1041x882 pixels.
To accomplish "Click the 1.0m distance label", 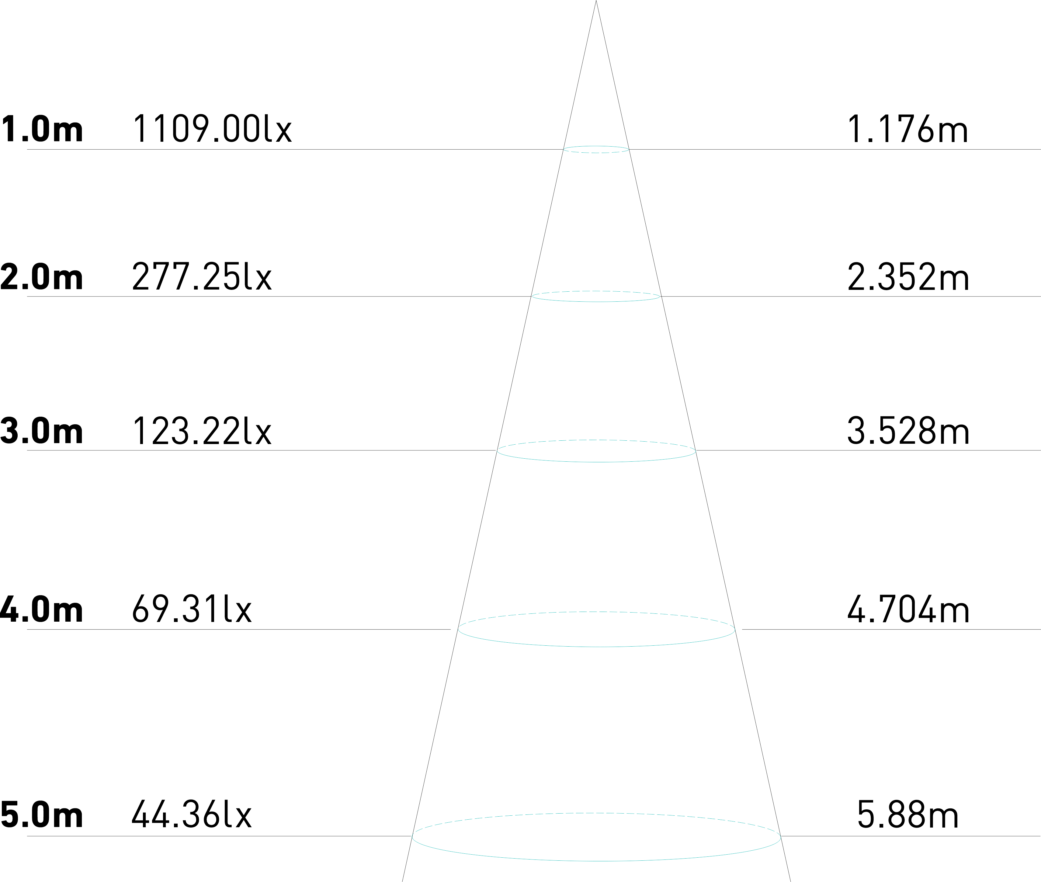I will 42,129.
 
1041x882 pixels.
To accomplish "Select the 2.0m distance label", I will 42,276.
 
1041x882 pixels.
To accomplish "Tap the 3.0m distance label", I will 42,430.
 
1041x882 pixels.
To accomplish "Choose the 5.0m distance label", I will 42,815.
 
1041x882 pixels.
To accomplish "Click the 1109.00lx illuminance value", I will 212,129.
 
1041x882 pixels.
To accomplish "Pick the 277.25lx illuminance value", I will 202,276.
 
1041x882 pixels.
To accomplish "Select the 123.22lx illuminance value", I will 202,430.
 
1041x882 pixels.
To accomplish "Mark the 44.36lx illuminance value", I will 192,815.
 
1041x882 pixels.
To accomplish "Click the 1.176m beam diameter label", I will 907,129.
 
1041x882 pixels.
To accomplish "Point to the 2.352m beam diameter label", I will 907,276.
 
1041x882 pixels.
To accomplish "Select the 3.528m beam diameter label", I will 907,430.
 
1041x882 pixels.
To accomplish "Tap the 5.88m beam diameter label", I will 907,815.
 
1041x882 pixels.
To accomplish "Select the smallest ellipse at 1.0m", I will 596,152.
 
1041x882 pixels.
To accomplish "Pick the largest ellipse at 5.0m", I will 596,860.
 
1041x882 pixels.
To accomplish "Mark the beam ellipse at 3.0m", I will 596,461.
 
